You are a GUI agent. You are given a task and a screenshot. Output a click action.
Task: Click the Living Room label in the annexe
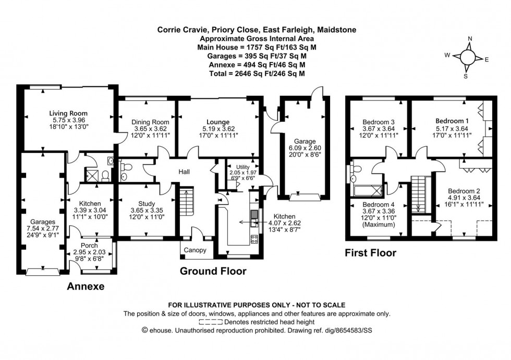(68, 113)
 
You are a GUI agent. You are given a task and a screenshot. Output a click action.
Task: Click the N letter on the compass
(470, 39)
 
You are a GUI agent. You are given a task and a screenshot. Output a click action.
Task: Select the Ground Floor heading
(213, 271)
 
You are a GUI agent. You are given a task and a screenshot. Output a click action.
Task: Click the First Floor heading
(370, 253)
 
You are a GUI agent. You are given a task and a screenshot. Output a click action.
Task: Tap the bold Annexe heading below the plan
(86, 286)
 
